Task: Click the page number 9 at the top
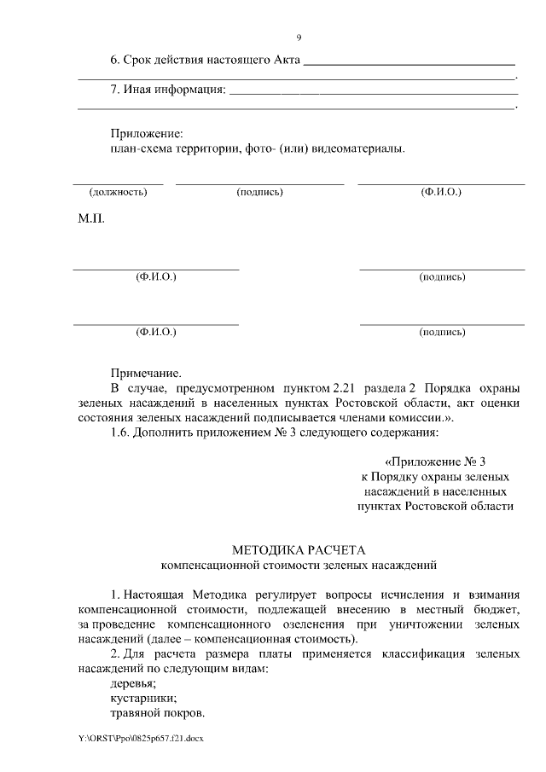click(x=299, y=38)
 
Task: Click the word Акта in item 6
click(x=282, y=61)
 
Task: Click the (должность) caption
click(x=118, y=192)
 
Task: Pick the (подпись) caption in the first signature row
click(x=259, y=192)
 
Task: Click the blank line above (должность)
click(x=118, y=183)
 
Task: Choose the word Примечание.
click(x=146, y=373)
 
